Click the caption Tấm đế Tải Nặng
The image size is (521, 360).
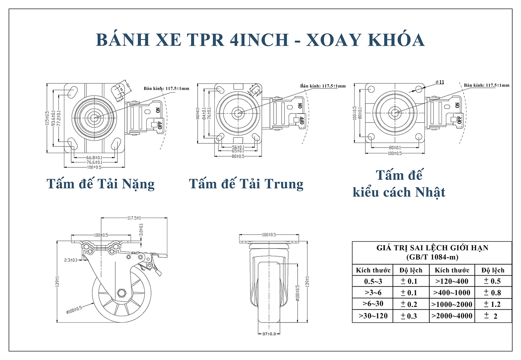[x=100, y=184]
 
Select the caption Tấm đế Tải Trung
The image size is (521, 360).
[x=246, y=184]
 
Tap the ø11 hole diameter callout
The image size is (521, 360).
[x=440, y=82]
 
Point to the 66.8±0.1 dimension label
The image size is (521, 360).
[x=94, y=158]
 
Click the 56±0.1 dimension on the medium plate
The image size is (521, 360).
[x=238, y=147]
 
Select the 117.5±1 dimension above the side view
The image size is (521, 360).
[x=134, y=218]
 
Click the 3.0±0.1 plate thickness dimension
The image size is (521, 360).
[x=141, y=230]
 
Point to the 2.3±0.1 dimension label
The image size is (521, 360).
[x=71, y=260]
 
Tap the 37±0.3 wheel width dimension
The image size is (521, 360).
[x=269, y=334]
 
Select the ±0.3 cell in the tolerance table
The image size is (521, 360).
[x=409, y=316]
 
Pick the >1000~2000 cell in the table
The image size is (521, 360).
[x=452, y=304]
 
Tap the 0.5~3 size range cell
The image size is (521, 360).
[x=373, y=281]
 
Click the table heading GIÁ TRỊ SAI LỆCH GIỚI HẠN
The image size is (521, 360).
[x=432, y=248]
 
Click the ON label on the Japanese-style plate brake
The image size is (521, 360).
[x=457, y=105]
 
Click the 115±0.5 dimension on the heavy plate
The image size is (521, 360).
[x=47, y=118]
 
